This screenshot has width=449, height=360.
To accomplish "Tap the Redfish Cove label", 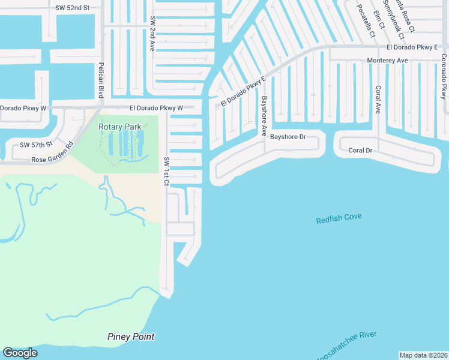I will click(339, 218).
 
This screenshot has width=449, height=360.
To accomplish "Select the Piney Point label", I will click(131, 337).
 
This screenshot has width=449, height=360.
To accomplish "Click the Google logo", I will click(20, 353).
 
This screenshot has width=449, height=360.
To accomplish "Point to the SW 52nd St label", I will click(71, 7).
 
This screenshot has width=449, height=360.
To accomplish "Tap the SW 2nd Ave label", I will click(154, 34).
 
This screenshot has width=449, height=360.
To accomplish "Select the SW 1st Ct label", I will click(167, 171).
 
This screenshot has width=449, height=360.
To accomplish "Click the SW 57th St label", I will click(37, 145).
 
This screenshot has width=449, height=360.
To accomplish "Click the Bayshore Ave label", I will click(264, 116).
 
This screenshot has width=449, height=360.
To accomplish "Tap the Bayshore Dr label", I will click(288, 137).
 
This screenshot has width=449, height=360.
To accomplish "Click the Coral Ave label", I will click(378, 100).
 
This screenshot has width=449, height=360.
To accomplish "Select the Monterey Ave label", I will click(387, 61).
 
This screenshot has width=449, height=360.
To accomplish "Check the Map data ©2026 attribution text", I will click(423, 355).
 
